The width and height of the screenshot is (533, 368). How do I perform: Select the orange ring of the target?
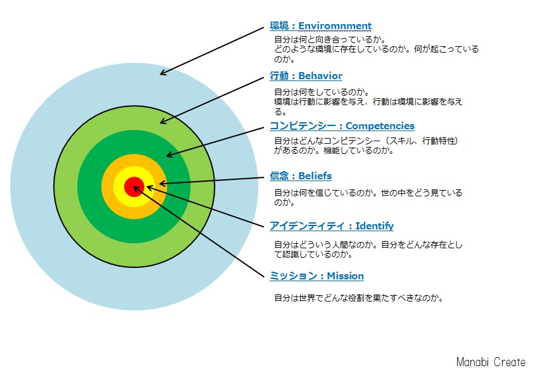[x=134, y=160]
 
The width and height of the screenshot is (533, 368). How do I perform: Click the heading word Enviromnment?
[x=335, y=26]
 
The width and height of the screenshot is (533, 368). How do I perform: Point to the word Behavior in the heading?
[x=320, y=76]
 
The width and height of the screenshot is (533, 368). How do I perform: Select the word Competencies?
[x=380, y=126]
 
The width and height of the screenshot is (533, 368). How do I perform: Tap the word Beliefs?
[x=315, y=176]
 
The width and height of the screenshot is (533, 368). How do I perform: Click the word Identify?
[x=374, y=226]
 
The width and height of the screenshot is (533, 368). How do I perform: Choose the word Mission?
[x=345, y=276]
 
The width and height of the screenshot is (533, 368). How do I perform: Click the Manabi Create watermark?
[x=491, y=362]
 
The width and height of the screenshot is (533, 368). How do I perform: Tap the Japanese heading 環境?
[x=279, y=26]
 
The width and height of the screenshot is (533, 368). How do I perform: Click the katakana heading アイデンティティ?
[x=307, y=226]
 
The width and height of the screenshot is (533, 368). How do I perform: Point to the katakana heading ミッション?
[x=293, y=276]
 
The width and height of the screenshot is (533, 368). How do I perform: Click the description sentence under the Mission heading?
[x=359, y=298]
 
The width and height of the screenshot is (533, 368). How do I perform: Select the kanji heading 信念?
[x=279, y=176]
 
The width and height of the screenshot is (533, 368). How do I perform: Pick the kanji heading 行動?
[x=279, y=76]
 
